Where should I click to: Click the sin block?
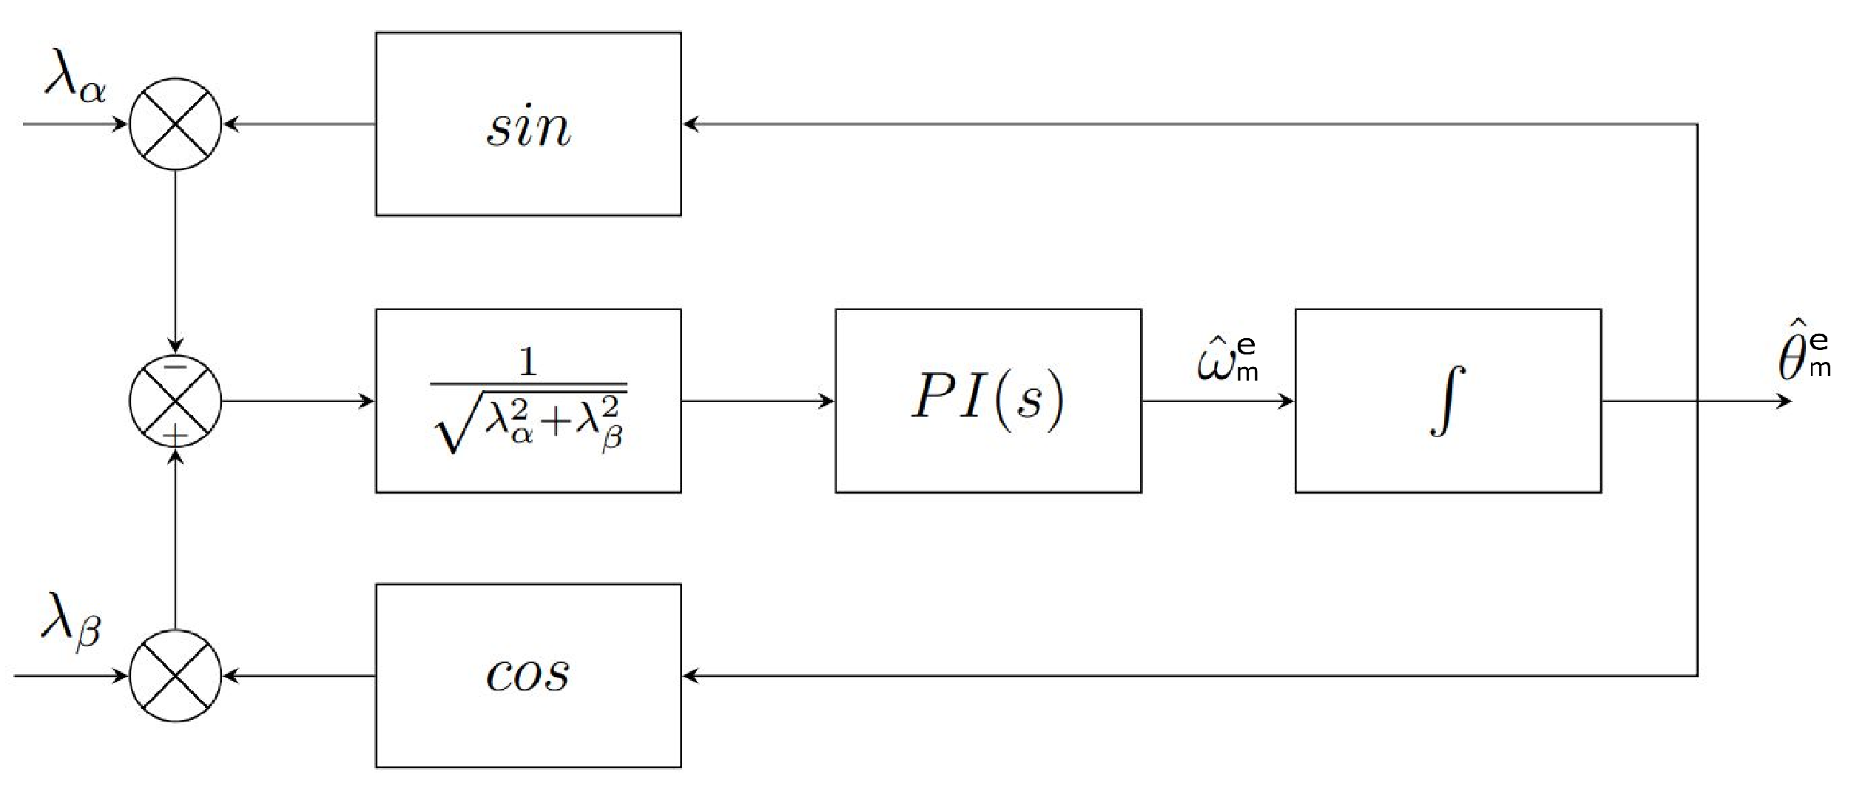pos(528,124)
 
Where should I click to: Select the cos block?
pos(528,675)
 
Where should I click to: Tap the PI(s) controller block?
pos(988,400)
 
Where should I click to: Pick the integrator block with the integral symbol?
pos(1448,400)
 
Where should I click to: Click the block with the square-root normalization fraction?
pos(528,400)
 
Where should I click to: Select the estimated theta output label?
pos(1802,359)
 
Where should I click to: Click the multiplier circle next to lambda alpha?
pos(175,124)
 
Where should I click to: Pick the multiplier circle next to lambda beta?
pos(175,675)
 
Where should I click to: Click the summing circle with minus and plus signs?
pos(175,400)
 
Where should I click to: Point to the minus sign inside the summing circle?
pos(175,366)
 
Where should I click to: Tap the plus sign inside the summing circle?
pos(175,435)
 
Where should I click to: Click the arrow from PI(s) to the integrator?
pos(1218,401)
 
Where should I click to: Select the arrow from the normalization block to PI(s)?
pos(758,401)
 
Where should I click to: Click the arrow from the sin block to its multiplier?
pos(299,124)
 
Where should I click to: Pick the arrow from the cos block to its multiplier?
pos(299,675)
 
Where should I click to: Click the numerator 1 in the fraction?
pos(527,362)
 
